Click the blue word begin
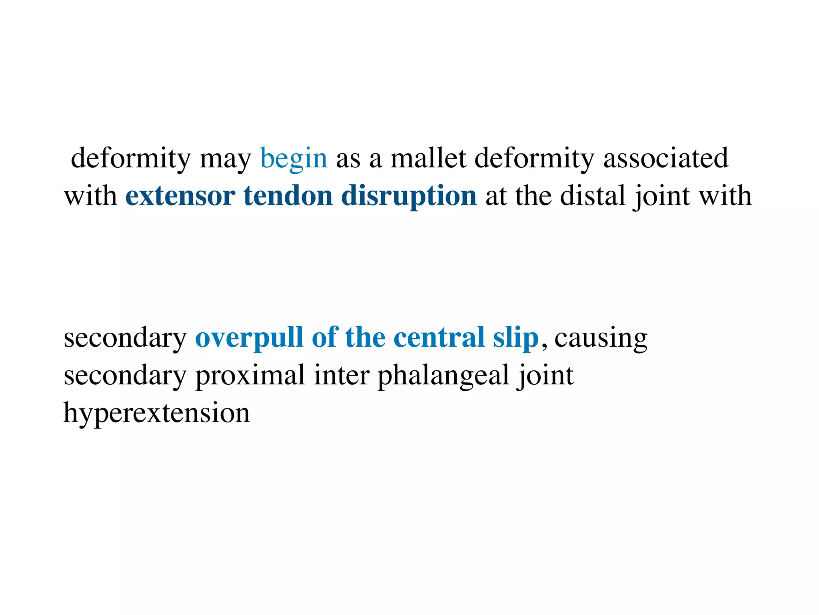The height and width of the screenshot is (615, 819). coord(294,159)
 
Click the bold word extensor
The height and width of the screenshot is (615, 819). coord(180,196)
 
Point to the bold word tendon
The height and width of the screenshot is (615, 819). coord(288,196)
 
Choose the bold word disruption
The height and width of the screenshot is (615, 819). coord(409,197)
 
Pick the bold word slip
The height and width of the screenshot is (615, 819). coord(516,338)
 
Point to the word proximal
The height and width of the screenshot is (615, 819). coord(250,376)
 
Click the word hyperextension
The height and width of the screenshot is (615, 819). coord(157,413)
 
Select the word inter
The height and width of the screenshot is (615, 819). coord(341,376)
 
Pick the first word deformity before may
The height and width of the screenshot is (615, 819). coord(130,159)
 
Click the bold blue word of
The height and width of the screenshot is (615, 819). coord(324,337)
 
